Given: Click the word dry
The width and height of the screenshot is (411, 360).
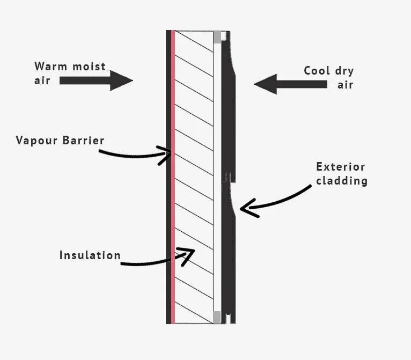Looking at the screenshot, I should click(345, 71).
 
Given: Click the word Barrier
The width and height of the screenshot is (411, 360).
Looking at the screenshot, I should click(83, 141).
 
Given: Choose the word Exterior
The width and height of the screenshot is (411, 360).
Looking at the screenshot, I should click(341, 167).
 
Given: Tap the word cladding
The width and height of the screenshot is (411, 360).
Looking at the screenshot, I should click(342, 181).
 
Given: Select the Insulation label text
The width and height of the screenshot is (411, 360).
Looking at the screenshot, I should click(90, 255).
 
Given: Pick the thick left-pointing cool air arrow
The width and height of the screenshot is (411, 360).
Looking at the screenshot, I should click(290, 84).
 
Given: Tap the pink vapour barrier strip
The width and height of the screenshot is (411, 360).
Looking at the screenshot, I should click(173, 177).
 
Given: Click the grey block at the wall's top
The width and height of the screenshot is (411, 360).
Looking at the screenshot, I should click(217, 37).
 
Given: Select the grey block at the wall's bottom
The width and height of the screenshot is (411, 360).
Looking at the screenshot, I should click(217, 317).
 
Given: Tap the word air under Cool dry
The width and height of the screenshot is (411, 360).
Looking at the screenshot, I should click(346, 85).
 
